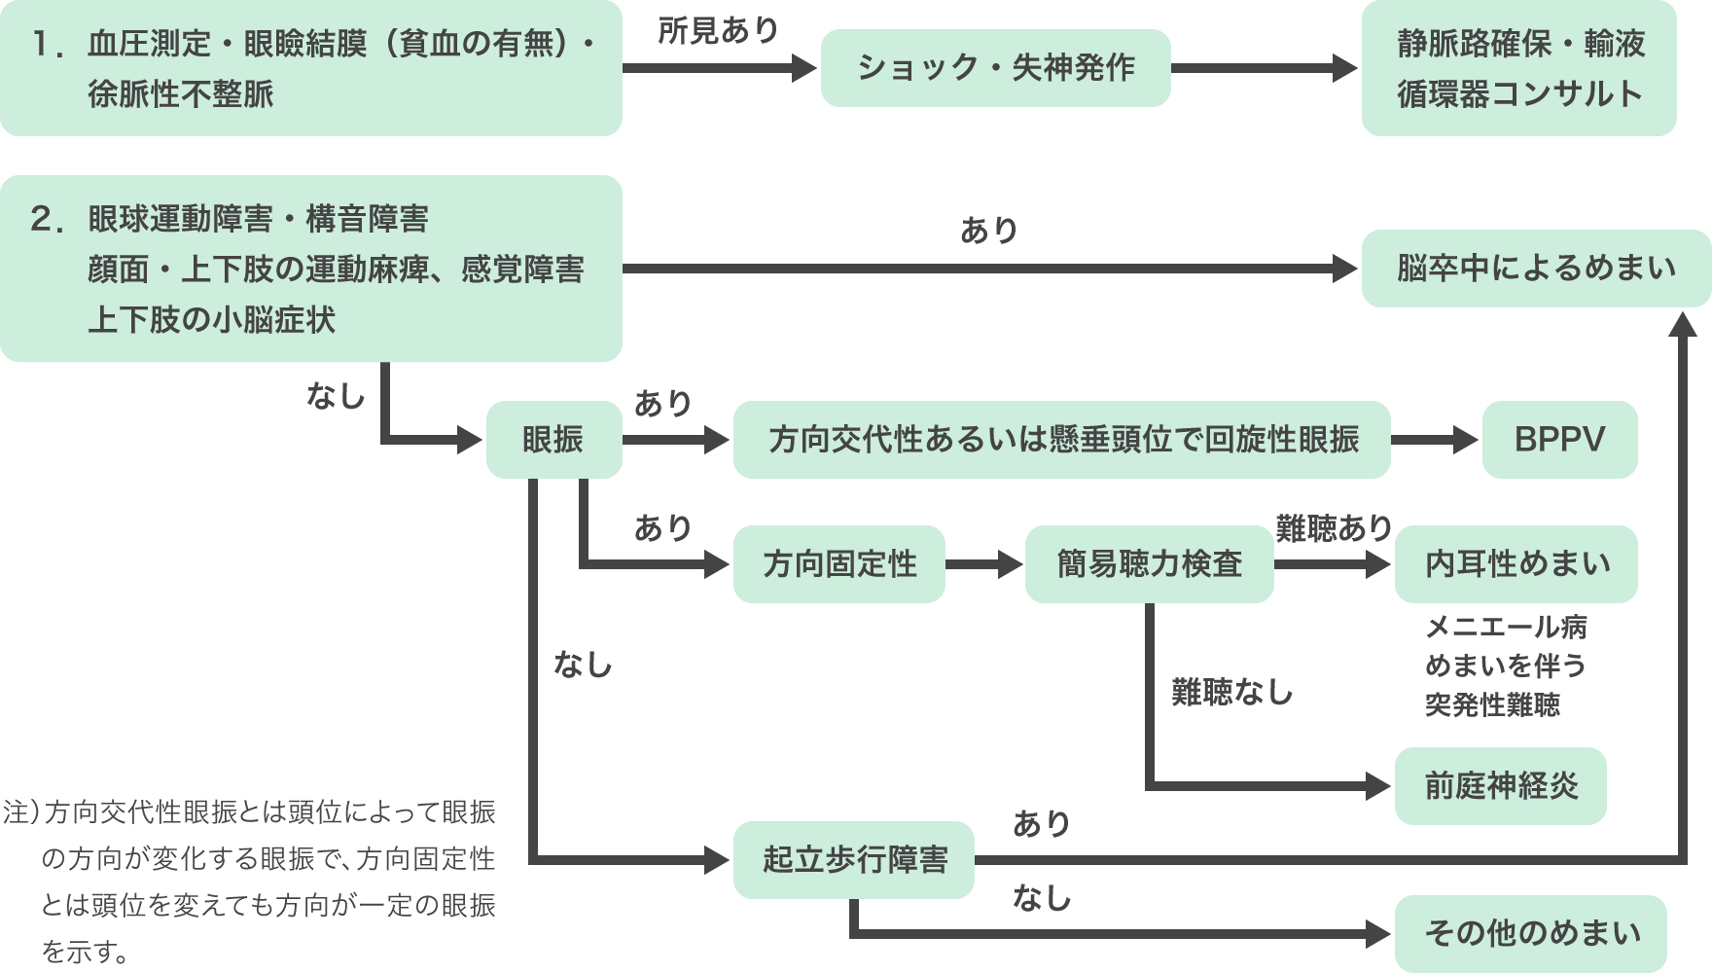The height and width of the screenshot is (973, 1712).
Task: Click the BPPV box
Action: pyautogui.click(x=1559, y=440)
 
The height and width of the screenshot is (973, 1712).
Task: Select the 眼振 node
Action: pyautogui.click(x=553, y=440)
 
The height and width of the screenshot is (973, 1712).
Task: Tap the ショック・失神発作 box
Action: pyautogui.click(x=995, y=68)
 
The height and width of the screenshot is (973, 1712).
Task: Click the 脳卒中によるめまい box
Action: pyautogui.click(x=1536, y=269)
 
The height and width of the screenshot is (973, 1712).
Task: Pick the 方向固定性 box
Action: pyautogui.click(x=839, y=564)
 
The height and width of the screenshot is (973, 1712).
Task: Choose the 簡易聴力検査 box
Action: pyautogui.click(x=1149, y=564)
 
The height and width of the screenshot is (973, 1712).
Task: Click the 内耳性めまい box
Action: pyautogui.click(x=1516, y=564)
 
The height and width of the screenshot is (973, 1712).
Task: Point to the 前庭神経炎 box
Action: pyautogui.click(x=1500, y=786)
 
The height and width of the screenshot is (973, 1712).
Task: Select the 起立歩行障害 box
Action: pyautogui.click(x=854, y=860)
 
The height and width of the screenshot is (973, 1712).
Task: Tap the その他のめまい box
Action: pyautogui.click(x=1531, y=934)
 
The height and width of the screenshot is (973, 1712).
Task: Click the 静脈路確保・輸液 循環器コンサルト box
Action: pyautogui.click(x=1518, y=68)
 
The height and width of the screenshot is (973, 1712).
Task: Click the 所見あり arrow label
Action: pyautogui.click(x=718, y=31)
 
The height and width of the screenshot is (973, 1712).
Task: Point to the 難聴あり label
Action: pyautogui.click(x=1334, y=528)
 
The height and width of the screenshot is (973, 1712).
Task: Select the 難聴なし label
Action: pyautogui.click(x=1231, y=693)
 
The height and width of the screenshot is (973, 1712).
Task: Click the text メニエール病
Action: pyautogui.click(x=1506, y=628)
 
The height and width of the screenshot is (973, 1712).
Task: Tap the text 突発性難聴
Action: pyautogui.click(x=1492, y=705)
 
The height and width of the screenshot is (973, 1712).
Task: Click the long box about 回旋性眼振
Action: pyautogui.click(x=1061, y=440)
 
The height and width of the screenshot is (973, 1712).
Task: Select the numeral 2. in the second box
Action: pyautogui.click(x=47, y=220)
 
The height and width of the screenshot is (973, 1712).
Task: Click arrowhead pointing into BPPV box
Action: pyautogui.click(x=1465, y=440)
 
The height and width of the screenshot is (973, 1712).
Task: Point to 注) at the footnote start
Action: pyautogui.click(x=21, y=812)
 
